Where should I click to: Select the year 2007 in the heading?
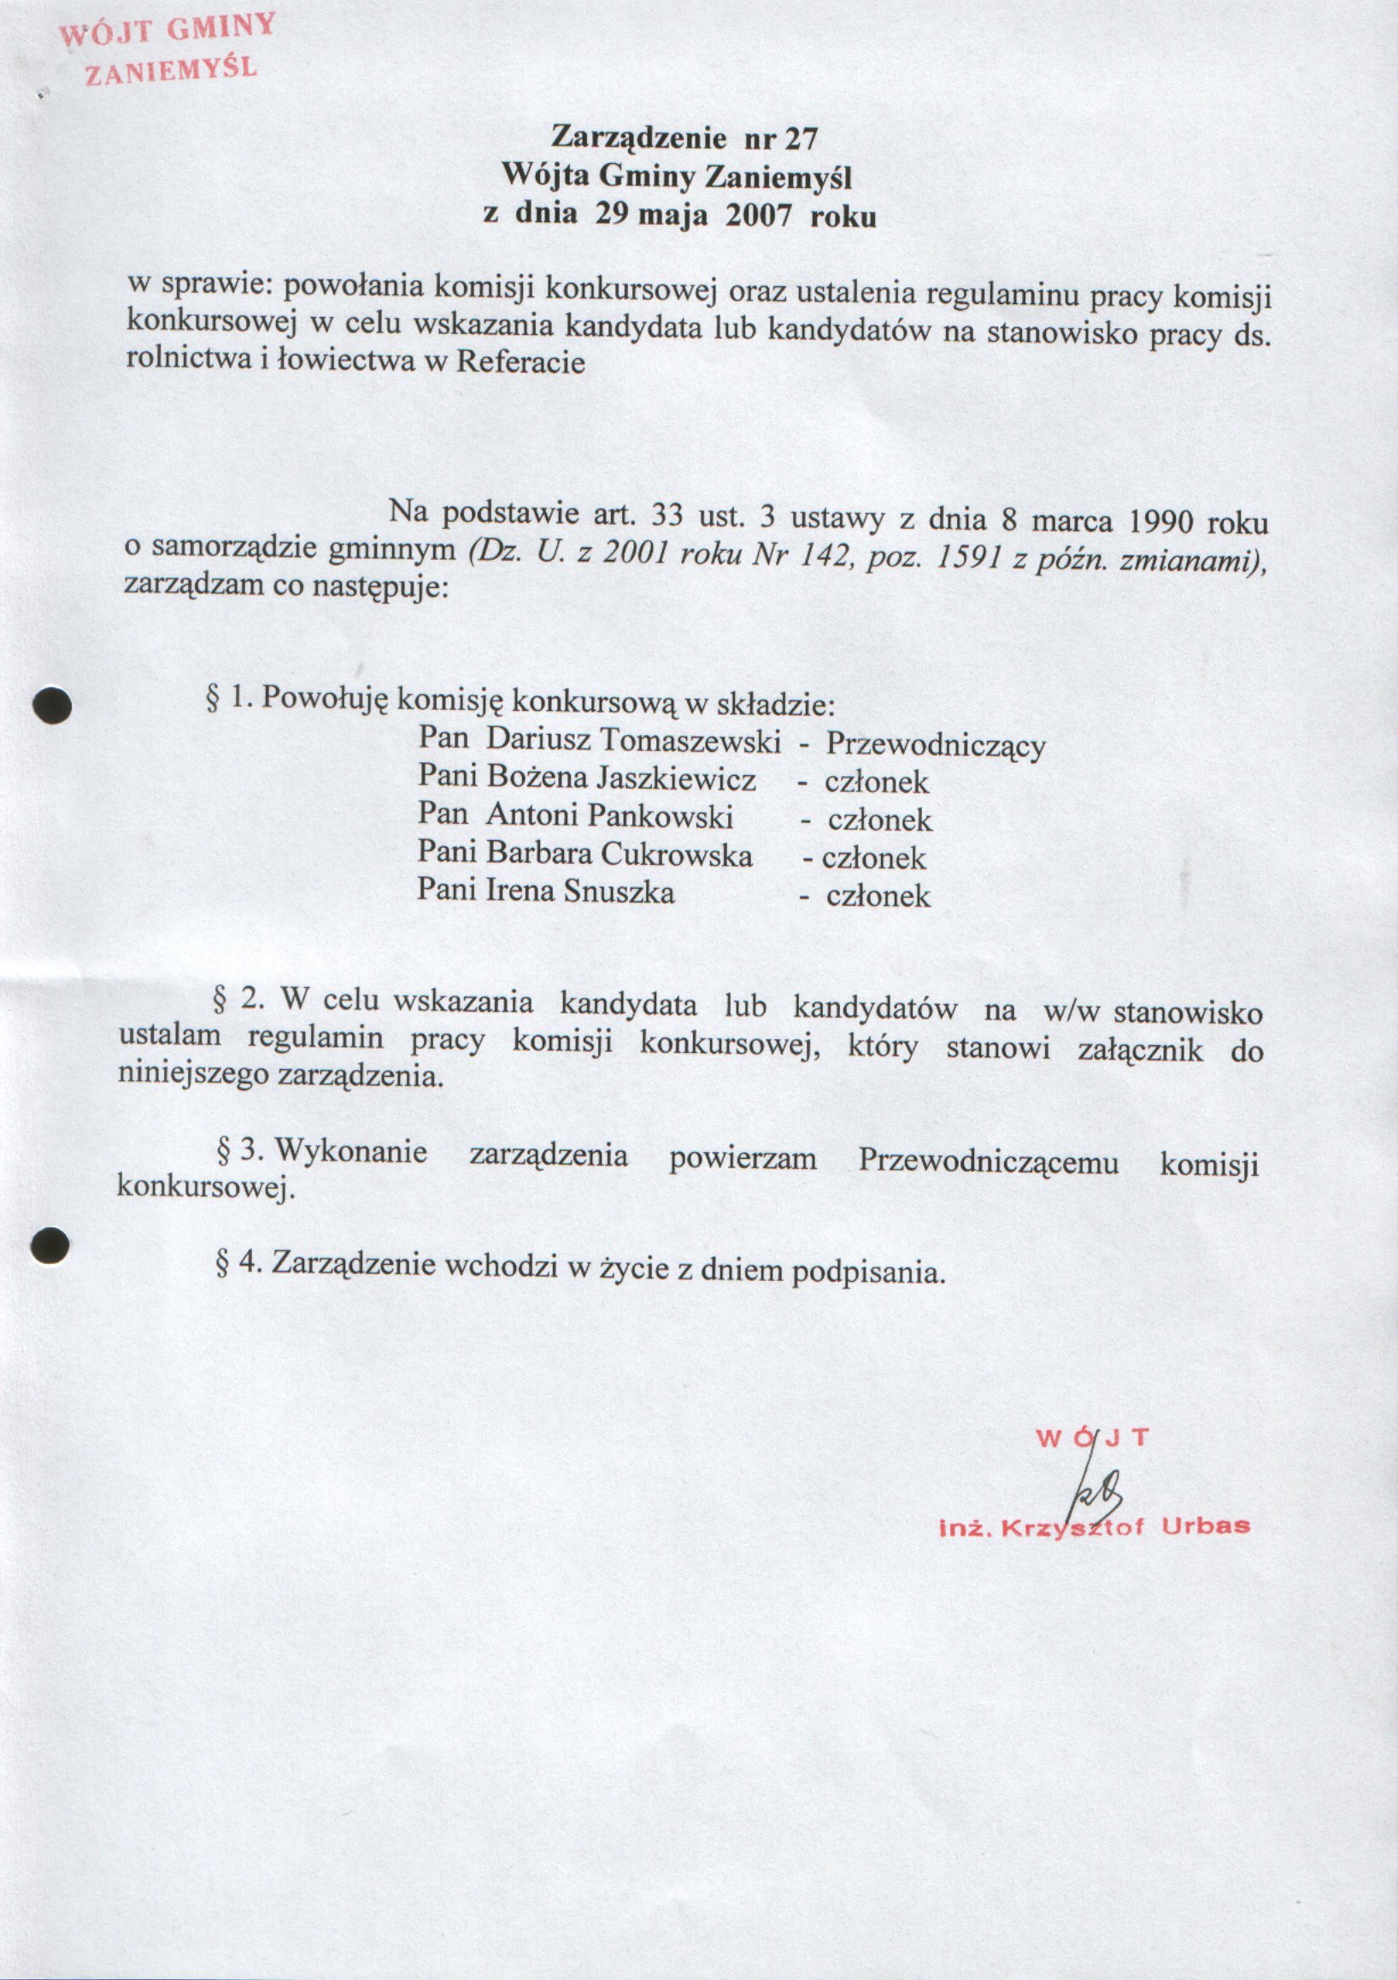coord(758,214)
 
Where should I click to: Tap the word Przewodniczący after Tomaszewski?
coord(936,745)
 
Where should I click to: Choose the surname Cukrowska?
coord(677,854)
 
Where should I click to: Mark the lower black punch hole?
coord(50,1245)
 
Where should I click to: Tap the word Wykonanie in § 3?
coord(351,1151)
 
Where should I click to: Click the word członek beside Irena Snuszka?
coord(878,896)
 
